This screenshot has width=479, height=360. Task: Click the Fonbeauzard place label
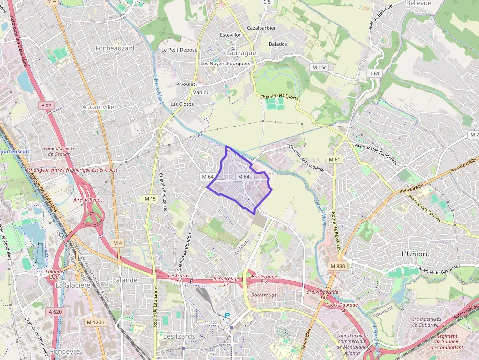(x=115, y=48)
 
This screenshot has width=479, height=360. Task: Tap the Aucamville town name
(x=98, y=106)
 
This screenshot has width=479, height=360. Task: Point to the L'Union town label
(x=414, y=254)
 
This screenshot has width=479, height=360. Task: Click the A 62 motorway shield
(x=46, y=105)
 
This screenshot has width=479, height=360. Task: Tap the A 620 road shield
(x=55, y=311)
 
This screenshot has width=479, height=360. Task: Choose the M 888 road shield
(x=337, y=266)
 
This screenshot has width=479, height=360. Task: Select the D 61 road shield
(x=374, y=73)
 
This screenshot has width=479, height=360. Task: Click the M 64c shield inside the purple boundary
(x=244, y=177)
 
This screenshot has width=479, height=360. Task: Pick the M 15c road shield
(x=319, y=67)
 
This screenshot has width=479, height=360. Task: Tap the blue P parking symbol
(x=227, y=316)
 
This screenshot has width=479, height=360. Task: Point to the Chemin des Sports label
(x=279, y=97)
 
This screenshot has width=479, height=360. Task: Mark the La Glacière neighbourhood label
(x=73, y=285)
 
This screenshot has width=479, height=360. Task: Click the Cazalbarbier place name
(x=261, y=28)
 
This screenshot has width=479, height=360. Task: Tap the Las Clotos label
(x=182, y=104)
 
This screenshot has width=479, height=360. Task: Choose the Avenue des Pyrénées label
(x=426, y=210)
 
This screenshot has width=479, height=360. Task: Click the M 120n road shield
(x=95, y=322)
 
